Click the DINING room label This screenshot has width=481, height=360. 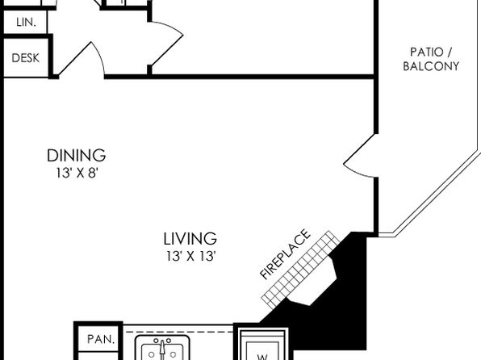[76, 155]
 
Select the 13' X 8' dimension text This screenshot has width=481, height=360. [77, 173]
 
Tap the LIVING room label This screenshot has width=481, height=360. [190, 239]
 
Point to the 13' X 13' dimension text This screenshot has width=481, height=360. [190, 256]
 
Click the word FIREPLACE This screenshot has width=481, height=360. [285, 254]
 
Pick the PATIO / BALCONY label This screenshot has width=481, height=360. [431, 59]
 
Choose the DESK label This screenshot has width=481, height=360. [26, 57]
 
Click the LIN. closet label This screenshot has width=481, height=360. [26, 22]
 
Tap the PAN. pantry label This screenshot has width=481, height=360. [101, 339]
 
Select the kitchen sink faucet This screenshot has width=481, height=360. [162, 349]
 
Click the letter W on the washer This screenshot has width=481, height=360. [262, 357]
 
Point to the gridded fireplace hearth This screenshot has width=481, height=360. [300, 270]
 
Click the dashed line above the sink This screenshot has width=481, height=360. [179, 332]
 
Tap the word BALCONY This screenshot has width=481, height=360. [431, 66]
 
